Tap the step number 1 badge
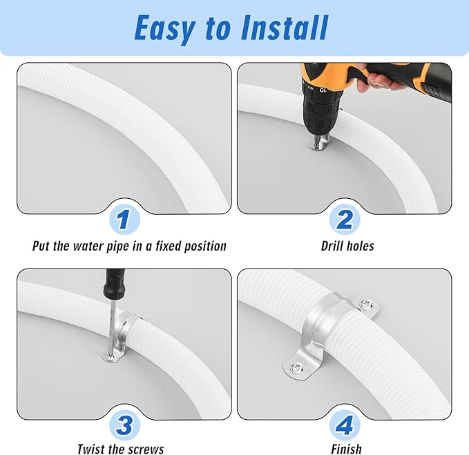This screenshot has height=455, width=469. [124, 220]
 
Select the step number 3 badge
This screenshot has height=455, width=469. [124, 425]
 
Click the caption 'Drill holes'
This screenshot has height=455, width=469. [347, 246]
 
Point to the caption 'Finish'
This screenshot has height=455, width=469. [346, 449]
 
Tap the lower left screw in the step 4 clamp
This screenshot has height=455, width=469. [297, 368]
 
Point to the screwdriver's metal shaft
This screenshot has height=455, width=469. [110, 325]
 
